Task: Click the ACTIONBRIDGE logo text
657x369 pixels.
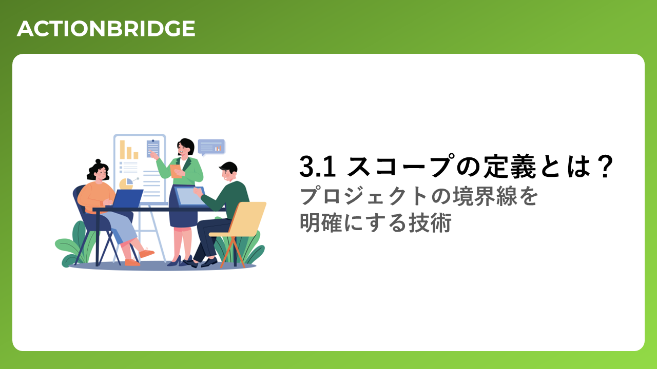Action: (x=106, y=29)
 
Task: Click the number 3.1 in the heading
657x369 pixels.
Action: (x=317, y=167)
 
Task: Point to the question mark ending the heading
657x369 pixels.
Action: (x=605, y=166)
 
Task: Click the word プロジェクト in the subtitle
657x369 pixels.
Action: (x=363, y=196)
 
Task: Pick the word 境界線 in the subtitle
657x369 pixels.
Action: (x=485, y=196)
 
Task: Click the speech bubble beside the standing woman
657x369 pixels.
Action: (x=211, y=147)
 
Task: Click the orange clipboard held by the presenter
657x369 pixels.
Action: (x=176, y=171)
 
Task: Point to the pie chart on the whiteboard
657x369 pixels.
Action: (x=126, y=184)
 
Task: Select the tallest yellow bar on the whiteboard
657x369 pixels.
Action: (x=122, y=150)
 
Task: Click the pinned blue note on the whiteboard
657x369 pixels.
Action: (x=153, y=148)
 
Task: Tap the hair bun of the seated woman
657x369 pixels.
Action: (x=98, y=161)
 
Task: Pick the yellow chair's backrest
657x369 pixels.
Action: (x=247, y=218)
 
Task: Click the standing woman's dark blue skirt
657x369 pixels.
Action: (x=183, y=208)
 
